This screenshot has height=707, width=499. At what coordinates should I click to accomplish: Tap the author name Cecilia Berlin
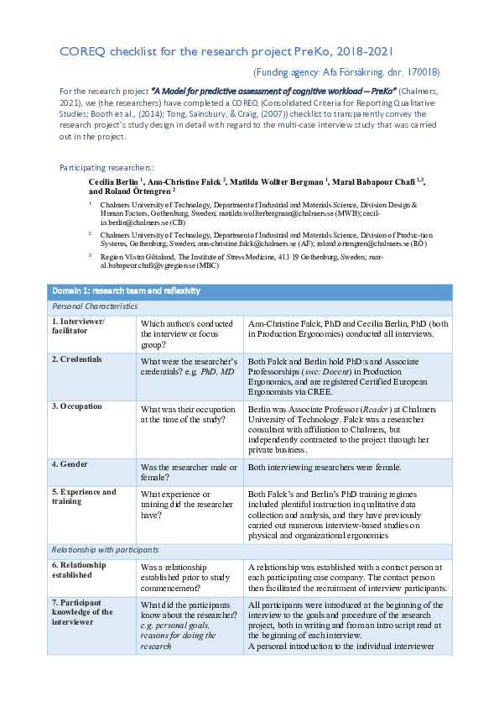[x=113, y=181]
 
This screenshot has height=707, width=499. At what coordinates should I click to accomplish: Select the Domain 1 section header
[x=126, y=291]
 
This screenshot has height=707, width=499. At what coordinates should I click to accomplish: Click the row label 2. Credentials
[x=77, y=359]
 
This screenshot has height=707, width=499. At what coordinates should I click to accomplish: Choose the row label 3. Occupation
[x=77, y=406]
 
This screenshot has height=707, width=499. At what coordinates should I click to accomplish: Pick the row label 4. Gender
[x=70, y=463]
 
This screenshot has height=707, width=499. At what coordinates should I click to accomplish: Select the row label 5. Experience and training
[x=84, y=497]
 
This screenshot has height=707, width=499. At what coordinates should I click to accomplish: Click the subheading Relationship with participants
[x=106, y=550]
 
